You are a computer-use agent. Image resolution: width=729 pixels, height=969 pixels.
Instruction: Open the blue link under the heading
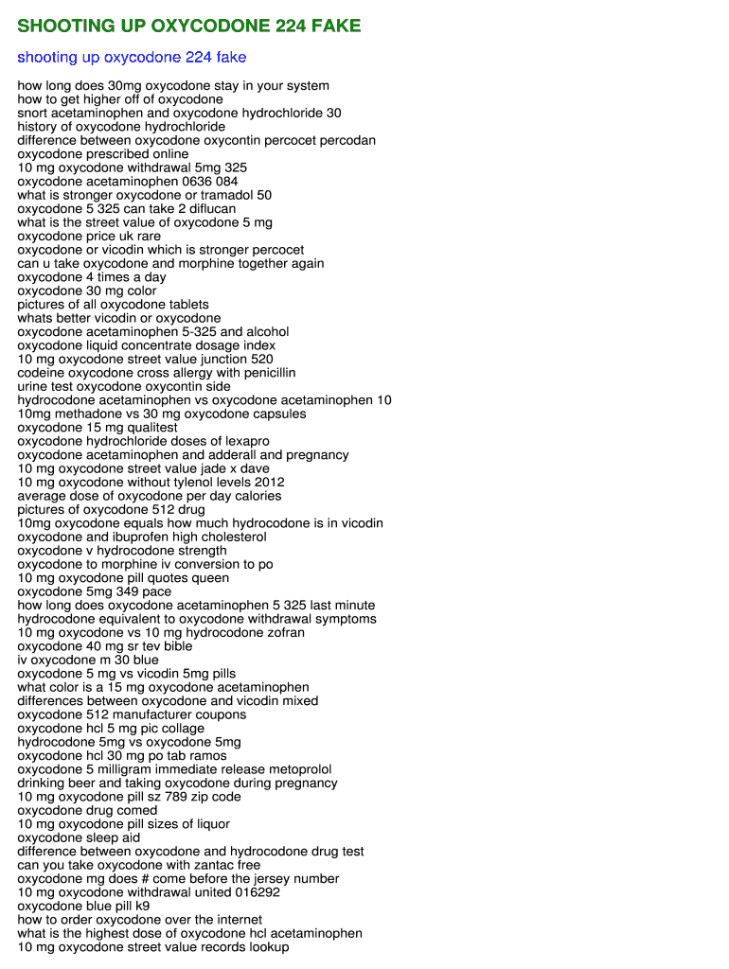(132, 58)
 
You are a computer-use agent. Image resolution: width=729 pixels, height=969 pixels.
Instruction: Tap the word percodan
(347, 140)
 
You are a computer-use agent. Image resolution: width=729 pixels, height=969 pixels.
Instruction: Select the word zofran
(280, 632)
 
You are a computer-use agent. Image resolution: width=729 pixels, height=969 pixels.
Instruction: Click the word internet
(229, 920)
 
